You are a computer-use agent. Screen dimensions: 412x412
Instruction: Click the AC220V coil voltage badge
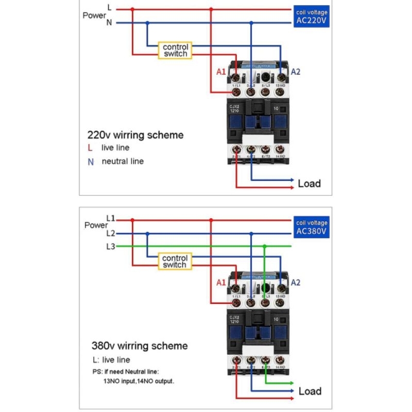[312, 17]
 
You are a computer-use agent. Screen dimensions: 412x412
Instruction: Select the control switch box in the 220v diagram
[175, 50]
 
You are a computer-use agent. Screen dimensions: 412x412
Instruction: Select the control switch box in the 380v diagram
[175, 261]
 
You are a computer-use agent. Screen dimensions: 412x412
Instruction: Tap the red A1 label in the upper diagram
[221, 72]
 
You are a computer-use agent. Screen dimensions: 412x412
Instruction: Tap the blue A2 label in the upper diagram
[296, 72]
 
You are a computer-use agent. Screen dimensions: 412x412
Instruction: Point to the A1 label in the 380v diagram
[221, 282]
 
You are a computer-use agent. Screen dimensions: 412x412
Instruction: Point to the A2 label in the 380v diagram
[296, 282]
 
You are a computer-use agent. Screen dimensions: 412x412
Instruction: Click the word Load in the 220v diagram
[309, 183]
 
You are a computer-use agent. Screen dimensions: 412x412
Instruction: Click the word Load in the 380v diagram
[310, 391]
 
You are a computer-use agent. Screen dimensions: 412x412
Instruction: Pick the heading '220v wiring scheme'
[135, 135]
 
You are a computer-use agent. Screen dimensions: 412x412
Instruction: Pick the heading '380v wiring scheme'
[140, 346]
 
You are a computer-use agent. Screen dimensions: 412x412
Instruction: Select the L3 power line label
[110, 246]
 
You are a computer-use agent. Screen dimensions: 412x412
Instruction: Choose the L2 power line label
[110, 233]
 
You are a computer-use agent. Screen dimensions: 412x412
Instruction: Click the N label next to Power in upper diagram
[109, 23]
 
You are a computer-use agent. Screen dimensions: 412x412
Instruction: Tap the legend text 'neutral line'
[123, 161]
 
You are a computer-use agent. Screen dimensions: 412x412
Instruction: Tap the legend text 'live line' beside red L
[115, 148]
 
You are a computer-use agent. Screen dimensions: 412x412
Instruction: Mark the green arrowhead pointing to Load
[291, 384]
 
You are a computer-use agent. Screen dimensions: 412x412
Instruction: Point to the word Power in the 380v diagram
[96, 225]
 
